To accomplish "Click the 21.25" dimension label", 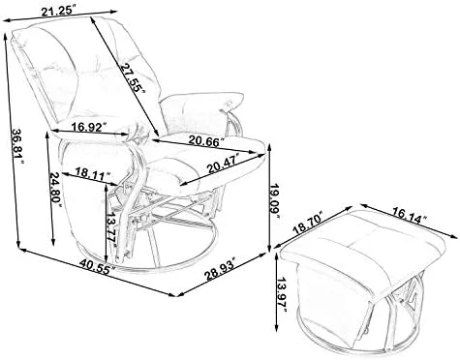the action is click(x=59, y=11).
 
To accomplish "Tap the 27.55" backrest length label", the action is click(x=133, y=77).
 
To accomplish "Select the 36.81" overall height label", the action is click(x=17, y=146).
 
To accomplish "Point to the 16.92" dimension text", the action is click(x=89, y=127).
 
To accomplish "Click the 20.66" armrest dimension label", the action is click(x=206, y=140).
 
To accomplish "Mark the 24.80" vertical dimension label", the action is click(x=55, y=187).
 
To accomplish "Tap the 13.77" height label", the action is click(x=112, y=229).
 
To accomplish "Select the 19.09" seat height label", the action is click(x=275, y=199).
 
